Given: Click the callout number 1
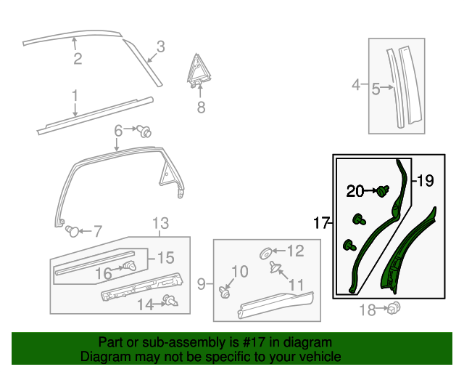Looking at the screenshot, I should (x=75, y=95).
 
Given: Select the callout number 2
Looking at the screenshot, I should (x=77, y=59).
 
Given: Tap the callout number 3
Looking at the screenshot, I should (x=160, y=46).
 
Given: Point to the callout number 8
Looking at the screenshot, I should (x=201, y=108).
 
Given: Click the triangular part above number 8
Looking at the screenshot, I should (x=198, y=70).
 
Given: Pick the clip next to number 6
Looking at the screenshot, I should (x=146, y=132).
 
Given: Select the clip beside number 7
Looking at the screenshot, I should (x=72, y=231).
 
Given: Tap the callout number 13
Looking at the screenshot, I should (x=159, y=223).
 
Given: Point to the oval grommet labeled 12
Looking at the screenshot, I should (x=267, y=253).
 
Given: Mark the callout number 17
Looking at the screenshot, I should (x=321, y=224).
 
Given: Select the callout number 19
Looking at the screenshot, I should (x=425, y=180).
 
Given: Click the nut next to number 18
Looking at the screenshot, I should (x=396, y=308).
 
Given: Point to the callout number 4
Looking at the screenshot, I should (x=355, y=86).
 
